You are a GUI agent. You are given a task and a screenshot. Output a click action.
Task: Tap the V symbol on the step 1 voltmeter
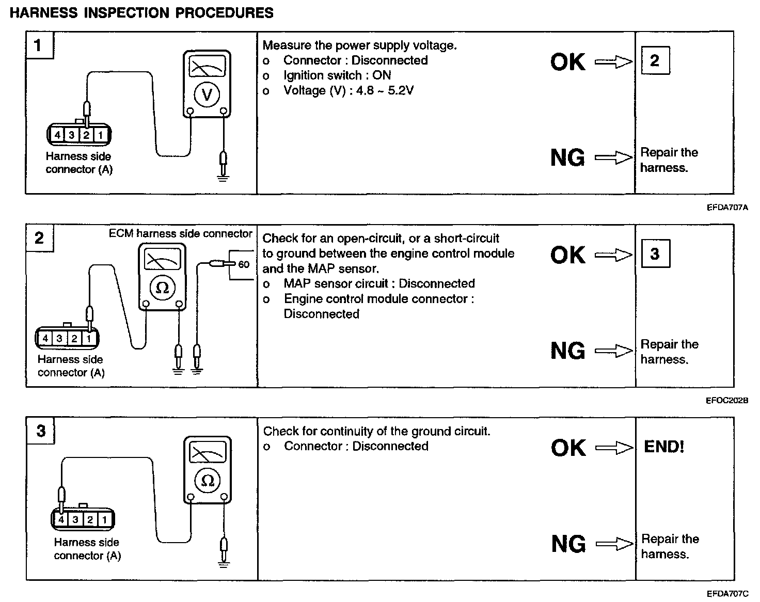click(x=207, y=94)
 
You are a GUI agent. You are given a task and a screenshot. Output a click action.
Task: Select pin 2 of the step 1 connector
click(x=86, y=135)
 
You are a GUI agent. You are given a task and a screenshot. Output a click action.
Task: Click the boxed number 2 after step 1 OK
click(x=655, y=61)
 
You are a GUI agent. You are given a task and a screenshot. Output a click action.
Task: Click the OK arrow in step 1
click(x=613, y=62)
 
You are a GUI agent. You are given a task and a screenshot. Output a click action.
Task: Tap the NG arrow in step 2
click(x=613, y=352)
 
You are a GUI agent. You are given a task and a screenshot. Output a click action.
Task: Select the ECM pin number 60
click(x=244, y=265)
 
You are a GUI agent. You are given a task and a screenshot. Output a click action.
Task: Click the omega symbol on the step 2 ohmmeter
click(x=162, y=288)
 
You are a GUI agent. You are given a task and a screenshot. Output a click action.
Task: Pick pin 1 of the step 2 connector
click(x=89, y=339)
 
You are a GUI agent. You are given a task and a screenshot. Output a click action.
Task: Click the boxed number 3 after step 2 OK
click(x=655, y=254)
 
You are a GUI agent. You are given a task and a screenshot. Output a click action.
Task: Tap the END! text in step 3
click(x=664, y=447)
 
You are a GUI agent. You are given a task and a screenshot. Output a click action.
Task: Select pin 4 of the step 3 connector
click(x=61, y=520)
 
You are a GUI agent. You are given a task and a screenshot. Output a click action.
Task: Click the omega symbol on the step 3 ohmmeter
click(x=208, y=481)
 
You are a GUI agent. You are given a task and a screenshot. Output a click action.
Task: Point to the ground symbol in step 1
click(x=223, y=178)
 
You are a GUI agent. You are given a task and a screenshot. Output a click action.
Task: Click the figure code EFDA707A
click(x=727, y=208)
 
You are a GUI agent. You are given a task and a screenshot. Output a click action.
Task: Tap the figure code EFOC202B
click(x=727, y=401)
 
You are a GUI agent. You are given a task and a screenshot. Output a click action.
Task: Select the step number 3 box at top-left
click(x=41, y=431)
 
